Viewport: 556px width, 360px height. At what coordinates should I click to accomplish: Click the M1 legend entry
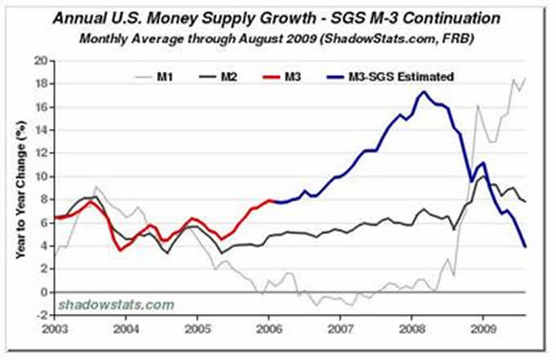(165, 76)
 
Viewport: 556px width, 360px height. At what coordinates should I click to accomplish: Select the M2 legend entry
(230, 76)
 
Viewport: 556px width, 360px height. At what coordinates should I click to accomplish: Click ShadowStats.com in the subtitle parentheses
(370, 39)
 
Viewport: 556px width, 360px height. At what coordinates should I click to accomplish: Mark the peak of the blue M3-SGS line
(423, 92)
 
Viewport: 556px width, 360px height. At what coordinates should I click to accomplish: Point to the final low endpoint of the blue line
(525, 246)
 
